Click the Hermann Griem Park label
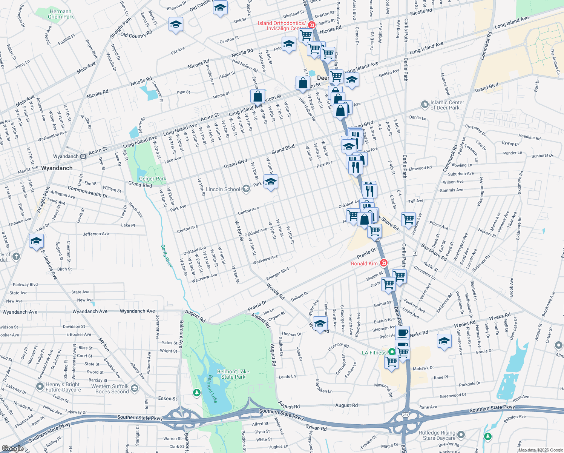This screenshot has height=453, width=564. pyautogui.click(x=61, y=14)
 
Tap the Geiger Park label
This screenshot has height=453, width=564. pyautogui.click(x=153, y=179)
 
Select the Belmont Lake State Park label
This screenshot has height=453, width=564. pyautogui.click(x=233, y=374)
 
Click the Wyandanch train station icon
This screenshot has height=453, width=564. pyautogui.click(x=83, y=156)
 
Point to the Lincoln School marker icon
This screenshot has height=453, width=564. pyautogui.click(x=246, y=189)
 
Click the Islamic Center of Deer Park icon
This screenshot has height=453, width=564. pyautogui.click(x=425, y=104)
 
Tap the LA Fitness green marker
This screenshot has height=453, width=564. pyautogui.click(x=392, y=352)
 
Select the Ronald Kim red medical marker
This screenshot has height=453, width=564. pyautogui.click(x=384, y=263)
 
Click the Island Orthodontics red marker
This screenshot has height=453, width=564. pyautogui.click(x=311, y=25)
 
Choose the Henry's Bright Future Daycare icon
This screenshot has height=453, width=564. pyautogui.click(x=40, y=387)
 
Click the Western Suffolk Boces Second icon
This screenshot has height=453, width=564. pyautogui.click(x=135, y=388)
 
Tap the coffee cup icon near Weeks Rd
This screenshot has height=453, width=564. pyautogui.click(x=402, y=333)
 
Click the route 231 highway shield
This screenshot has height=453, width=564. pyautogui.click(x=405, y=414)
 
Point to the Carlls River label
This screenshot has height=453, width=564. pyautogui.click(x=167, y=256)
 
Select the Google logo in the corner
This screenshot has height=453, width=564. pyautogui.click(x=12, y=448)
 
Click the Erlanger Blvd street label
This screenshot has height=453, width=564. pyautogui.click(x=277, y=274)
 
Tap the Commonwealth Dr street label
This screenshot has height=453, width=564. pyautogui.click(x=87, y=191)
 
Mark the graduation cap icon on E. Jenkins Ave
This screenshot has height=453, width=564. pyautogui.click(x=36, y=241)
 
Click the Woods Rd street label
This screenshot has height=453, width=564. pyautogui.click(x=275, y=291)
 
